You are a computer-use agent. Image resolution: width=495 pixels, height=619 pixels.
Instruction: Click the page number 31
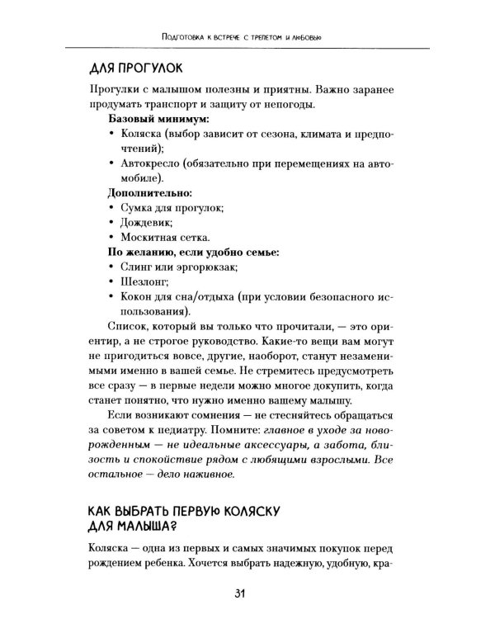247,593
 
